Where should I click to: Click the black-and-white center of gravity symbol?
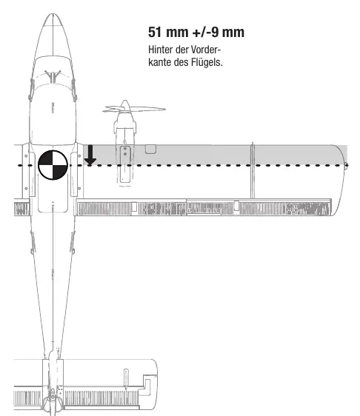point(53,165)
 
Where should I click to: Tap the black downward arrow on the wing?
point(90,155)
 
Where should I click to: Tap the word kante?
point(159,62)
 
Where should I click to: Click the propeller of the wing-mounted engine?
point(134,109)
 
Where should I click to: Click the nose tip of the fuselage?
point(53,14)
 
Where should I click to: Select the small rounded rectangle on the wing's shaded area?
point(150,149)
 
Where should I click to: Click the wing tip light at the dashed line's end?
point(346,166)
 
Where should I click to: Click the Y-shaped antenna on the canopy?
point(53,76)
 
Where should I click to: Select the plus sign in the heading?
point(196,33)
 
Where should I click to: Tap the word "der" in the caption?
point(182,50)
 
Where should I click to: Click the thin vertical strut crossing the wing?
point(253,170)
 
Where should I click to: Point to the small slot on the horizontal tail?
point(126,376)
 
